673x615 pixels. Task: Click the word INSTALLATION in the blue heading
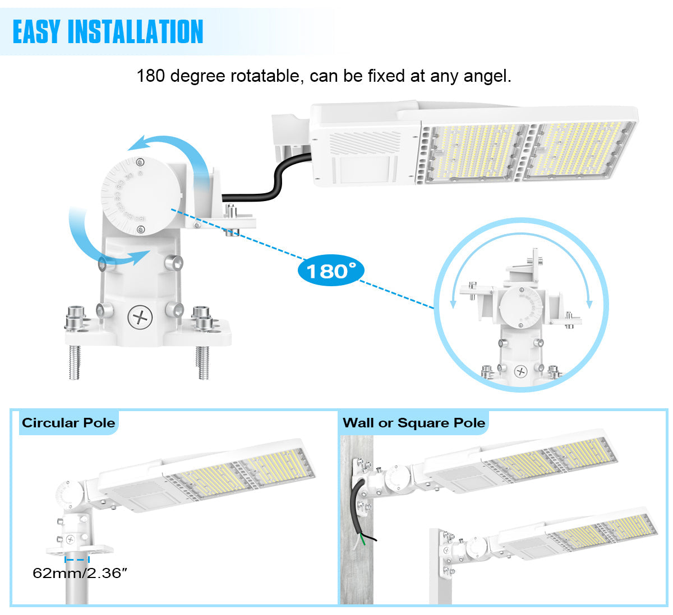(x=136, y=31)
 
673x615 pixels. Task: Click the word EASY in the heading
(x=37, y=31)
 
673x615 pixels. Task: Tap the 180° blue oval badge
(x=330, y=271)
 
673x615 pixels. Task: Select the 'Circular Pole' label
(x=68, y=423)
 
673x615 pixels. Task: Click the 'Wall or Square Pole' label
(x=414, y=423)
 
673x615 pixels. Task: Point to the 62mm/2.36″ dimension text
(x=80, y=573)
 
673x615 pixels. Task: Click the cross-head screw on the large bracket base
(x=140, y=316)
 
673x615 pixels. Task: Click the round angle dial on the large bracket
(x=141, y=196)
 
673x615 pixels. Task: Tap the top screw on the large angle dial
(x=140, y=162)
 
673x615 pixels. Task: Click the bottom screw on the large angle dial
(x=141, y=230)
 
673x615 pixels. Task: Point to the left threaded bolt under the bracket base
(x=75, y=362)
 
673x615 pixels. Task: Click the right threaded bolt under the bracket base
(x=202, y=362)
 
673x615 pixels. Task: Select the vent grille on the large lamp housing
(x=365, y=142)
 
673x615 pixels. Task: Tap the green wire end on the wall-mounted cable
(x=363, y=540)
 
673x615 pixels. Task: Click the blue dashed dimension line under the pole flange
(x=77, y=560)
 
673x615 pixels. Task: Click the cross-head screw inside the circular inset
(x=520, y=371)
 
